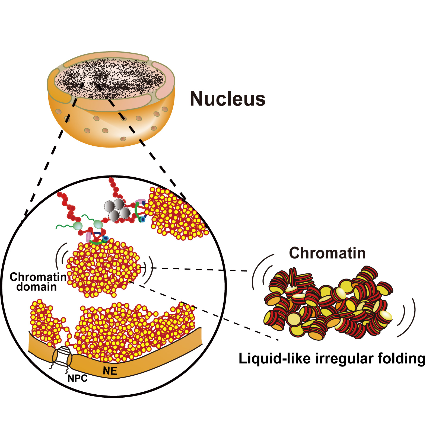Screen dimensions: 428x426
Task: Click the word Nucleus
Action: coord(227,99)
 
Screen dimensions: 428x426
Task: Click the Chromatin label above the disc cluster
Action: coord(327,253)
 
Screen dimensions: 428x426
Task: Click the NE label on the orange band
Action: coord(110,371)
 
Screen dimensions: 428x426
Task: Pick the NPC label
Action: coord(77,378)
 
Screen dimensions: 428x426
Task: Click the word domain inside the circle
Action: coord(36,287)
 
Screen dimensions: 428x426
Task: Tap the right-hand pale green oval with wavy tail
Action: coord(98,225)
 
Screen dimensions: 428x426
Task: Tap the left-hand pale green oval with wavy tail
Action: coord(78,226)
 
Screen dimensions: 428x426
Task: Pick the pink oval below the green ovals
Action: coord(88,237)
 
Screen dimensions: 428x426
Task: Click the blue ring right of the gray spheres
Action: coord(141,219)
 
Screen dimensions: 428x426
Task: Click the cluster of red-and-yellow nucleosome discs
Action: coord(328,304)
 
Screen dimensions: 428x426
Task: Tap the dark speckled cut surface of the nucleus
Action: coord(110,79)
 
